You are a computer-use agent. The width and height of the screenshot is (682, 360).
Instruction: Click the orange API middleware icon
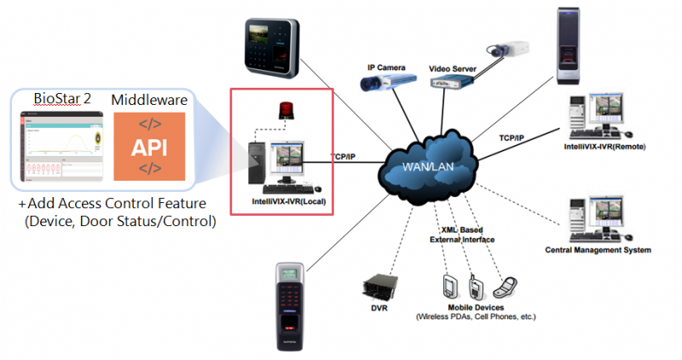point(149,146)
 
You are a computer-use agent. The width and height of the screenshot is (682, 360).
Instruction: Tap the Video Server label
point(453,67)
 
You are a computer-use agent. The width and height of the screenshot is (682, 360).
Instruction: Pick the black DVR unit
point(375,287)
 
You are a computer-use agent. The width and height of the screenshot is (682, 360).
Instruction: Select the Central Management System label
point(598,250)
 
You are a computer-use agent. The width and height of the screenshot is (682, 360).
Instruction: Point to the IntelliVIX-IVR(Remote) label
point(606,147)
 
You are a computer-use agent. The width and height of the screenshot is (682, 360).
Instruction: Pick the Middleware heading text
point(148,101)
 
